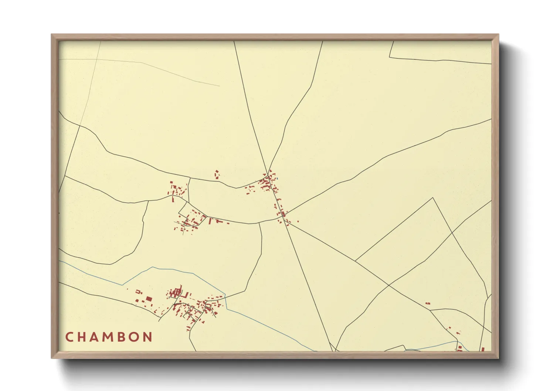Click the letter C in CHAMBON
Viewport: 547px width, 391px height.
pyautogui.click(x=69, y=337)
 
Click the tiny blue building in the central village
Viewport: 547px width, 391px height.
pyautogui.click(x=277, y=178)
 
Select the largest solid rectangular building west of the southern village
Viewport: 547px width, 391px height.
pyautogui.click(x=149, y=299)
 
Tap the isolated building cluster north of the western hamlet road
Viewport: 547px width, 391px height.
pyautogui.click(x=217, y=174)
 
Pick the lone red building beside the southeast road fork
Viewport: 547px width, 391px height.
pyautogui.click(x=428, y=303)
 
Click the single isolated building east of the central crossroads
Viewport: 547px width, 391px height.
pyautogui.click(x=298, y=221)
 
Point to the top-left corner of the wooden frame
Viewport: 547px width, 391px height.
pyautogui.click(x=51, y=34)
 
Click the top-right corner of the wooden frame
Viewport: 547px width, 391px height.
pyautogui.click(x=499, y=34)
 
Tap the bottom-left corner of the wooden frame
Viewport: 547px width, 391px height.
pyautogui.click(x=51, y=358)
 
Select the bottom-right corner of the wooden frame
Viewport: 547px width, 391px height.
pyautogui.click(x=499, y=358)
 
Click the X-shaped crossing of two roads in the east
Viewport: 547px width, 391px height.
pyautogui.click(x=452, y=232)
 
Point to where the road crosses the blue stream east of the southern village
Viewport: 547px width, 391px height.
pyautogui.click(x=225, y=297)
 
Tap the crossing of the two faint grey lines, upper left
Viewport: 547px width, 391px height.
pyautogui.click(x=97, y=59)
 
